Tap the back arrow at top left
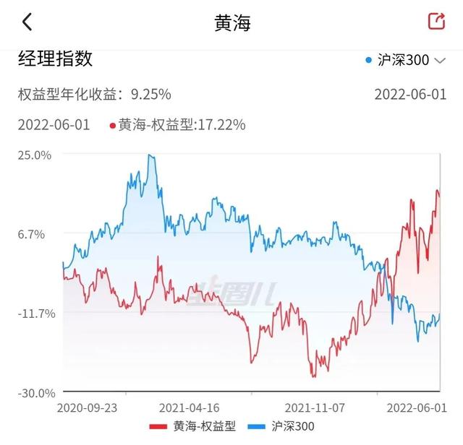pos(27,22)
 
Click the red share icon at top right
pos(436,22)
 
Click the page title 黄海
pos(232,22)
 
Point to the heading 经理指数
pos(56,59)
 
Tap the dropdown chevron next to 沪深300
pos(440,61)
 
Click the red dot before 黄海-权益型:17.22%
pos(112,126)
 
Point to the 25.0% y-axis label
pos(36,155)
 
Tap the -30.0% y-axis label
pos(36,393)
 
